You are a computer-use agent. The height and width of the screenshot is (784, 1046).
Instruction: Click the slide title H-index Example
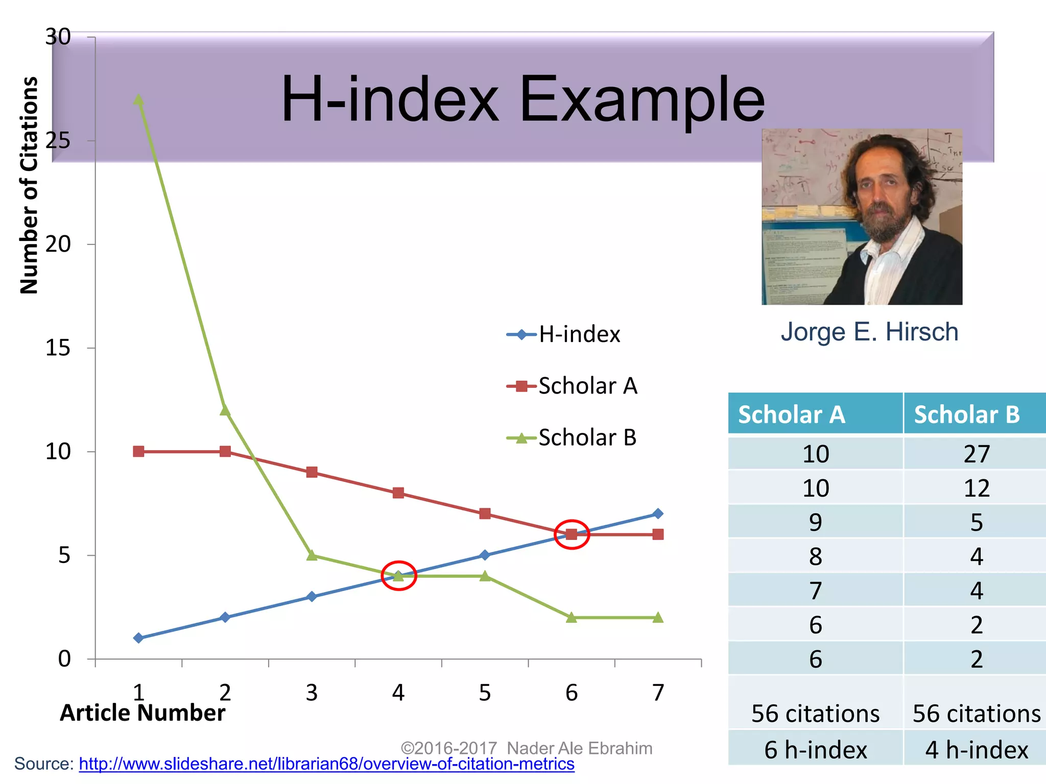[x=522, y=99]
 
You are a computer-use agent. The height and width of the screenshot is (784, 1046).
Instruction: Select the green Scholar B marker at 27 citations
[x=138, y=100]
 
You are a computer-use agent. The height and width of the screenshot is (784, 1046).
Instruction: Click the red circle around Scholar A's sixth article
[x=572, y=534]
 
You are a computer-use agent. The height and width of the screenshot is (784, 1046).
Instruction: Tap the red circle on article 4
[x=399, y=576]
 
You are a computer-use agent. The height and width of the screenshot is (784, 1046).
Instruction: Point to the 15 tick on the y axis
[x=58, y=348]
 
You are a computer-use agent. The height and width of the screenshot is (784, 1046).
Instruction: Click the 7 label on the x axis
[x=658, y=693]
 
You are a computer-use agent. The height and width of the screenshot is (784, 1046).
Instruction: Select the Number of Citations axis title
[x=29, y=185]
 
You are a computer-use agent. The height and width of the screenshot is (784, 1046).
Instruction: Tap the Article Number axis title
[x=142, y=713]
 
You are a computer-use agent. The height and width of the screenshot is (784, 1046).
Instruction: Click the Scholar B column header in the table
[x=966, y=414]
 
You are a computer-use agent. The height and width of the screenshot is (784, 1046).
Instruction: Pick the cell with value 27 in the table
[x=977, y=454]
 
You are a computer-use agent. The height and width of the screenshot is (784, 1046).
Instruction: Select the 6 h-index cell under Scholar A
[x=816, y=750]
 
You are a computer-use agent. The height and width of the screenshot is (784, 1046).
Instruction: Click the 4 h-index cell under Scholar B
[x=977, y=750]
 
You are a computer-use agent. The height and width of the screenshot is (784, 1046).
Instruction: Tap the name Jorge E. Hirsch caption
[x=869, y=332]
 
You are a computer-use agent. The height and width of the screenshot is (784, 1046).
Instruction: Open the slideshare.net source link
[x=326, y=764]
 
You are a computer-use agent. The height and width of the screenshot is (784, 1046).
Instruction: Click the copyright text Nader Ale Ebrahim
[x=526, y=748]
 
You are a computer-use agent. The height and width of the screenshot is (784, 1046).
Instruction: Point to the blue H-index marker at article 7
[x=658, y=513]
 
